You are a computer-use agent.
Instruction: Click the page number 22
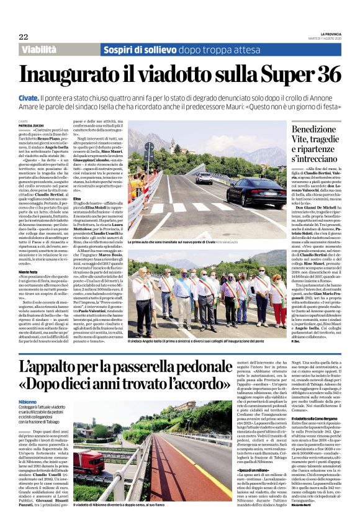[x=23, y=36]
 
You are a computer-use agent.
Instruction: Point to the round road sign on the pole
[x=149, y=148]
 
